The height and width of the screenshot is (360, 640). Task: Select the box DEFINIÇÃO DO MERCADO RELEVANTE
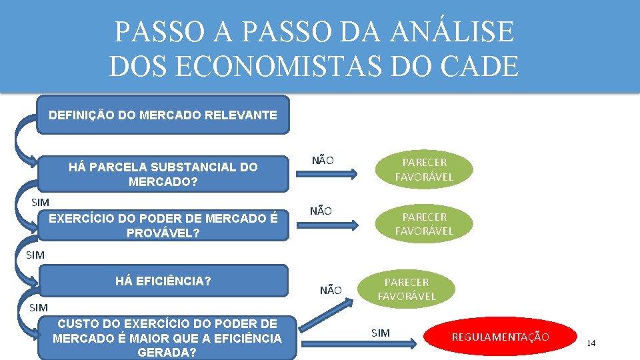[x=163, y=115]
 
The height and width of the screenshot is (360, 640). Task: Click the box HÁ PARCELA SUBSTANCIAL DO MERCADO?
[x=163, y=174]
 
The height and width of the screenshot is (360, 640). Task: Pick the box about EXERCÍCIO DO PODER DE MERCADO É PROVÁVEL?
[x=163, y=225]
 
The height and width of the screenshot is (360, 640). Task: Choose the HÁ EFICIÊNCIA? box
[x=163, y=281]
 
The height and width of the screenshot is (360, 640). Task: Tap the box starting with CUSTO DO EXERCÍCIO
[x=167, y=338]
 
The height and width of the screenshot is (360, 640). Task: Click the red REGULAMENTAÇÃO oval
[x=500, y=337]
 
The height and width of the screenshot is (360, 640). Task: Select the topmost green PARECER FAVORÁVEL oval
[x=424, y=169]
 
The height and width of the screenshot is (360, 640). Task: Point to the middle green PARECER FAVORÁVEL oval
[x=424, y=224]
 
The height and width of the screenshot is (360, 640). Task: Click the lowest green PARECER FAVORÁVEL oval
[x=407, y=289]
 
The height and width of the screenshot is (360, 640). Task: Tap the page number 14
[x=591, y=343]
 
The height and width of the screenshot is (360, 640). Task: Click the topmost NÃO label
[x=323, y=160]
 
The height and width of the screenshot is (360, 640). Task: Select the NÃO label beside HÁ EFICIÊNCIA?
[x=331, y=290]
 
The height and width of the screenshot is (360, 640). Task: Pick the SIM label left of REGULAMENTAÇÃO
[x=380, y=333]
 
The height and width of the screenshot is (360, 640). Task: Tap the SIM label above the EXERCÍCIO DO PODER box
[x=40, y=201]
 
